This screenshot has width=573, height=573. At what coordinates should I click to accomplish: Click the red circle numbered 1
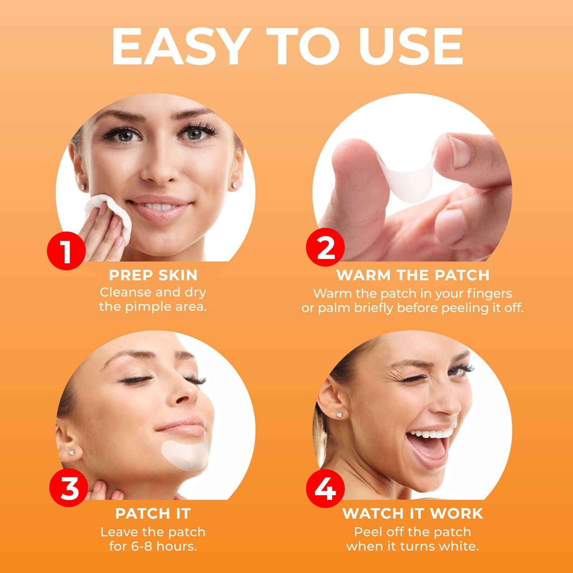66,251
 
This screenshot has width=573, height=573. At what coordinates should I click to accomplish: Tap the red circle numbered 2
325,248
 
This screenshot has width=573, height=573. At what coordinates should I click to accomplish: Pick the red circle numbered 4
325,488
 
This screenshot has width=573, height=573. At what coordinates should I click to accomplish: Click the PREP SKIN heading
153,275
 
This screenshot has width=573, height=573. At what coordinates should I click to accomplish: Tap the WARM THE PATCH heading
413,275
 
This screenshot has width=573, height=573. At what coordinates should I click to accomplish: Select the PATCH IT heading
153,514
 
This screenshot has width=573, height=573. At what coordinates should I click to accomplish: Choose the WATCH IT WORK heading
413,514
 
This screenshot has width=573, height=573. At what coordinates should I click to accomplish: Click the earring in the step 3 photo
73,452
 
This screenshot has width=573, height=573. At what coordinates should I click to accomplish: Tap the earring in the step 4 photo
339,415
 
